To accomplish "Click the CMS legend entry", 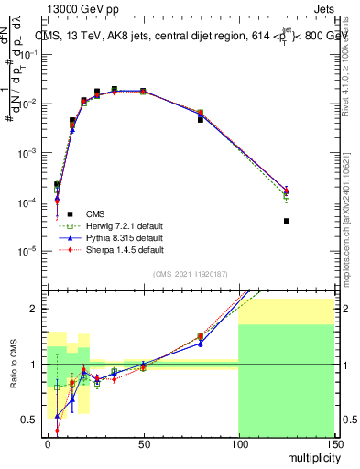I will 93,213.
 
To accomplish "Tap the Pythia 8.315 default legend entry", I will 110,237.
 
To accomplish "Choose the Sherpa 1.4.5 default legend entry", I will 110,249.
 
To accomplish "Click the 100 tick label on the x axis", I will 238,443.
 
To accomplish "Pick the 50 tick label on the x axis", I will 142,443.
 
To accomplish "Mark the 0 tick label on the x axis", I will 48,443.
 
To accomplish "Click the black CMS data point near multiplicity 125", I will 287,221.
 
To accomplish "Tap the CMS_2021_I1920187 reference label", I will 190,274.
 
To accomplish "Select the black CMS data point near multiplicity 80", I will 201,120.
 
